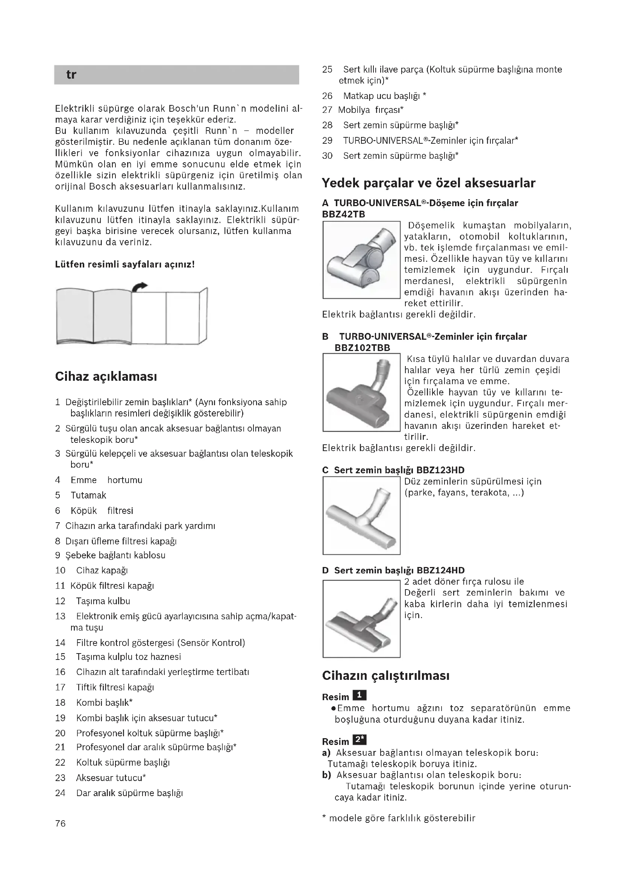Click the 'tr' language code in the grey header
pyautogui.click(x=71, y=74)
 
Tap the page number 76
pyautogui.click(x=61, y=823)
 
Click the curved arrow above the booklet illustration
pyautogui.click(x=140, y=286)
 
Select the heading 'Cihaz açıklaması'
pyautogui.click(x=106, y=376)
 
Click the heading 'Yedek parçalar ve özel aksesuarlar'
pyautogui.click(x=428, y=183)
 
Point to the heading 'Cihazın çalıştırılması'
pyautogui.click(x=386, y=675)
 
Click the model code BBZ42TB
pyautogui.click(x=344, y=214)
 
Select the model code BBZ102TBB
pyautogui.click(x=362, y=348)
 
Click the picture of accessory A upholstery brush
pyautogui.click(x=361, y=260)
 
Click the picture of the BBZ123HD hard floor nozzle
pyautogui.click(x=361, y=515)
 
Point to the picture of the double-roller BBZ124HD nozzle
pyautogui.click(x=361, y=619)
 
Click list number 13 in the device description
pyautogui.click(x=60, y=616)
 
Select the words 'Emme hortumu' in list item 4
pyautogui.click(x=106, y=480)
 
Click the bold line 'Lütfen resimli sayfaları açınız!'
pyautogui.click(x=125, y=264)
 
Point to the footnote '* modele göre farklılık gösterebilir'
pyautogui.click(x=398, y=818)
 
